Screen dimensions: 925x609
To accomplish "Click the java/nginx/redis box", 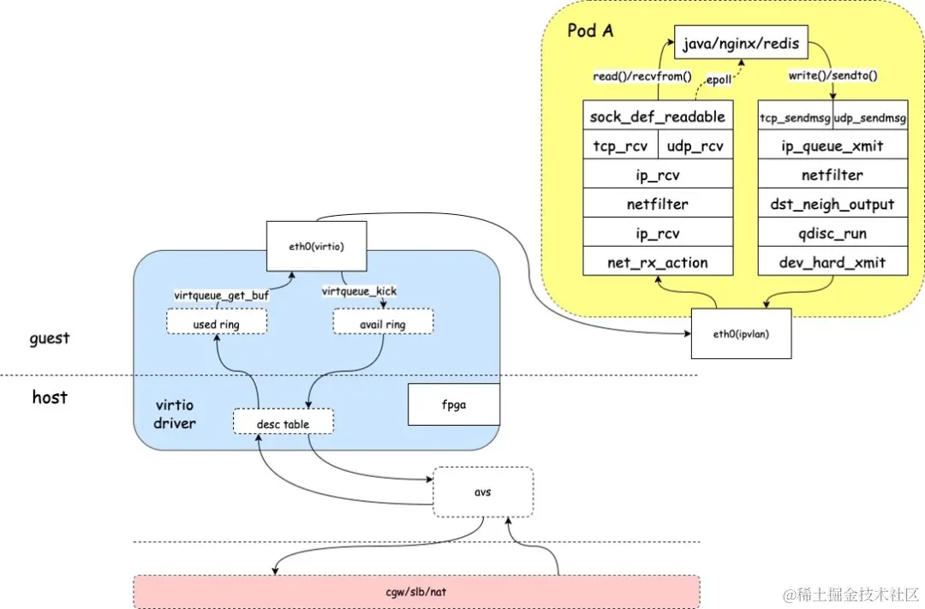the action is point(741,43).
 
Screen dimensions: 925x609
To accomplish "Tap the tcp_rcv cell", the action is point(620,145).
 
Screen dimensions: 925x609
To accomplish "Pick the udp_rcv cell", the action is point(695,145).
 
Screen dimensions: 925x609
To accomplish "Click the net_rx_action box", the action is point(658,261).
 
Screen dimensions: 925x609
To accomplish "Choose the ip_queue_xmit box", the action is point(832,145).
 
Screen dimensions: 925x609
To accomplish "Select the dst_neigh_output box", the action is point(832,203).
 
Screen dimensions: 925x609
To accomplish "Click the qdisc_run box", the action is point(832,232).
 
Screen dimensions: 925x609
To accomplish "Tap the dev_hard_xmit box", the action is point(832,261).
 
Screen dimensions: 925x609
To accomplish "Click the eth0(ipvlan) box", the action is point(742,333).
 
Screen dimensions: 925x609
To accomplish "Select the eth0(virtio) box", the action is point(317,246).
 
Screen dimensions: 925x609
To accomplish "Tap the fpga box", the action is point(454,404).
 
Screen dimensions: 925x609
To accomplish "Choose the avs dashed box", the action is point(483,493).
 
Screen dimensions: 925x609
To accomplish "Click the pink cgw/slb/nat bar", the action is point(416,591).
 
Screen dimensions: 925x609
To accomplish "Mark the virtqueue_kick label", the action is point(359,291).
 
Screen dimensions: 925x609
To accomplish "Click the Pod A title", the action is point(590,30).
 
